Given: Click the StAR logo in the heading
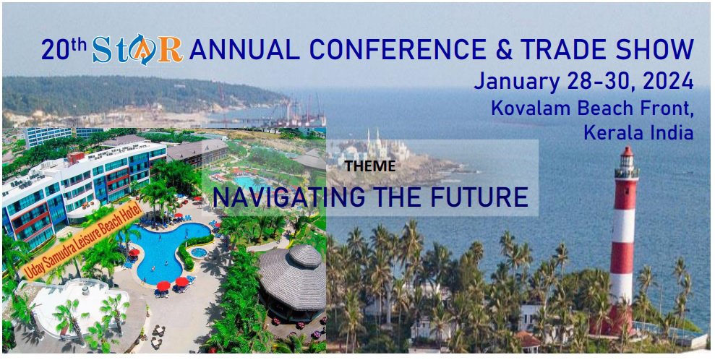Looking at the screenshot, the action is (x=137, y=49).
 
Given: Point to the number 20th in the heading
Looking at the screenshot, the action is (x=64, y=48).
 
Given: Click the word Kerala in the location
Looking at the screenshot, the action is (x=614, y=132).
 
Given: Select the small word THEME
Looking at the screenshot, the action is (x=370, y=166).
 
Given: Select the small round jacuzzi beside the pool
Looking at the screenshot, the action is (x=198, y=252).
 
